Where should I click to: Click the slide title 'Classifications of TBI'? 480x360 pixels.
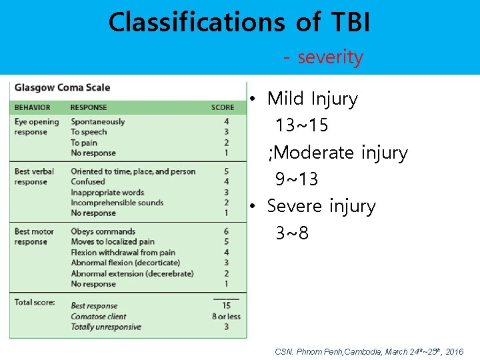[239, 22]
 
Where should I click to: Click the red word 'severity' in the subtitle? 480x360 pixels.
[330, 57]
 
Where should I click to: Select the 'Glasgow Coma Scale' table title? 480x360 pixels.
[63, 87]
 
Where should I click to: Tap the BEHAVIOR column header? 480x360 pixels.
[32, 107]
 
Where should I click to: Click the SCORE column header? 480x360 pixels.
[223, 107]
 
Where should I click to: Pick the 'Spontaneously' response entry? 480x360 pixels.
[97, 122]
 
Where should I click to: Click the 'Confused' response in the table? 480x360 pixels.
[88, 182]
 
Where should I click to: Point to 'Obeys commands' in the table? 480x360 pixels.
[103, 232]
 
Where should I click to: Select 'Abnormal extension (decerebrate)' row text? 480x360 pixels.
[132, 273]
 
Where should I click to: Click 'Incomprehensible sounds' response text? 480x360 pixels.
[117, 203]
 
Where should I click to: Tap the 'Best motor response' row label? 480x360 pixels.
[34, 237]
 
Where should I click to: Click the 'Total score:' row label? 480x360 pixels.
[34, 302]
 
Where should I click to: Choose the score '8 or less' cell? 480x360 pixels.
[225, 317]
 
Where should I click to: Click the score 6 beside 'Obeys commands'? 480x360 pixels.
[226, 232]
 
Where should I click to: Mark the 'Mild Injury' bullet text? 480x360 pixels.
[312, 99]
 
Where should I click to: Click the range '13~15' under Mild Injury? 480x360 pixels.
[301, 125]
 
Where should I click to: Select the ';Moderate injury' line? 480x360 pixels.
[337, 153]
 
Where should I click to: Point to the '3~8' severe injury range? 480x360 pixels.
[292, 233]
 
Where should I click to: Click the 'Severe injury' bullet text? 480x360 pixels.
[321, 207]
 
